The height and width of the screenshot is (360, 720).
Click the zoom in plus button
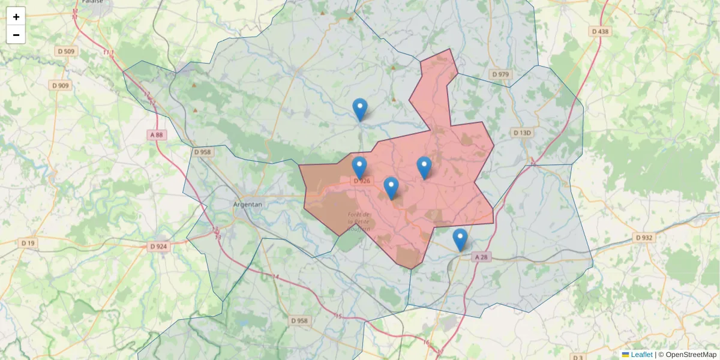pyautogui.click(x=16, y=17)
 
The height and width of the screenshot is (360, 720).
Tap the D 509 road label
pyautogui.click(x=67, y=52)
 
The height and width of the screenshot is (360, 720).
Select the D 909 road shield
pyautogui.click(x=61, y=86)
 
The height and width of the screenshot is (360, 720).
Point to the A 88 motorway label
pyautogui.click(x=157, y=135)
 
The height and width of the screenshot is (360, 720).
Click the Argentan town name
pyautogui.click(x=247, y=205)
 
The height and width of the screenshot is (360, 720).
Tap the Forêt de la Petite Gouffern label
pyautogui.click(x=359, y=222)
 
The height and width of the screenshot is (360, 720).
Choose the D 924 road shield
pyautogui.click(x=158, y=247)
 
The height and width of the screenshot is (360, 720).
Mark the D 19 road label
pyautogui.click(x=28, y=243)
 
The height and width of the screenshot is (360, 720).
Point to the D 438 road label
pyautogui.click(x=599, y=31)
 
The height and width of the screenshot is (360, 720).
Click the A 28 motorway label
pyautogui.click(x=481, y=257)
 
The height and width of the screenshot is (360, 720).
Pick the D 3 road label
pyautogui.click(x=578, y=358)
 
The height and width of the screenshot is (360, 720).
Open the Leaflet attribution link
pyautogui.click(x=641, y=355)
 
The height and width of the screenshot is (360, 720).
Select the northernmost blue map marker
pyautogui.click(x=360, y=110)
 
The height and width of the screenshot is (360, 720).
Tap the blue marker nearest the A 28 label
pyautogui.click(x=460, y=239)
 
